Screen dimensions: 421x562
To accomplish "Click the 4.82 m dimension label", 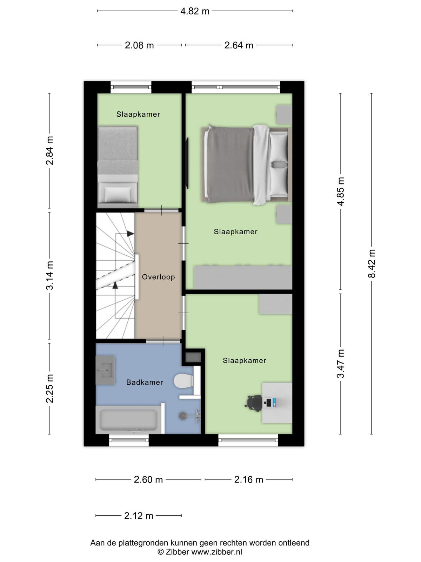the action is pos(195,11).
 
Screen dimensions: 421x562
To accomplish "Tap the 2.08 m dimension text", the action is pos(139,45).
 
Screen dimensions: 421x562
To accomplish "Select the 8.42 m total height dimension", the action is pos(372,263).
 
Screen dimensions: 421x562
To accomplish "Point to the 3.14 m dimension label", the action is pos(49,275).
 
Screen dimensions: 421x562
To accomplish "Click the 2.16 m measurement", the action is pos(249,479).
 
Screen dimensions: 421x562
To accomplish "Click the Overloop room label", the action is pos(159,277).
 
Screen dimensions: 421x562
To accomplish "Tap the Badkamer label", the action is pos(145,382).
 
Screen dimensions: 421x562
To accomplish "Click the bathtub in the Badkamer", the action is pos(128,420).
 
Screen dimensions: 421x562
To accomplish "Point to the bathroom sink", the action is pos(105,370).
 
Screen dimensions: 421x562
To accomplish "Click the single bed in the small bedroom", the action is pos(118,167).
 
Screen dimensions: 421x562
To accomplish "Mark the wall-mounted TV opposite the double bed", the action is pos(187,163).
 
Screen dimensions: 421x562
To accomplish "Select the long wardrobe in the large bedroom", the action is pos(243,277).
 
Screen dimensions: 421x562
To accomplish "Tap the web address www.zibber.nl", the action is pos(217,551).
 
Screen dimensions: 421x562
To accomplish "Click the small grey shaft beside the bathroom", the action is pos(193,358).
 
